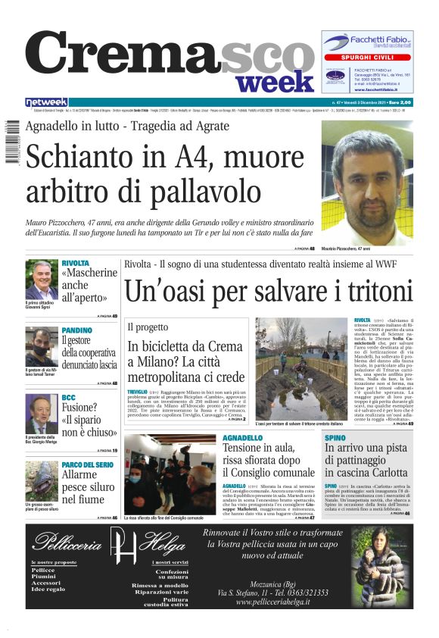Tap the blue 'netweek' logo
pos(46,102)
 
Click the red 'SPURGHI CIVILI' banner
pos(368,58)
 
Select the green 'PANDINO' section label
pos(77,330)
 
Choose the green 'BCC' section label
pos(68,397)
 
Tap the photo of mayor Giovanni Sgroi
pos(42,280)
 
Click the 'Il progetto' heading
pos(148,327)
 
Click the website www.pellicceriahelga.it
pos(274,602)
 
